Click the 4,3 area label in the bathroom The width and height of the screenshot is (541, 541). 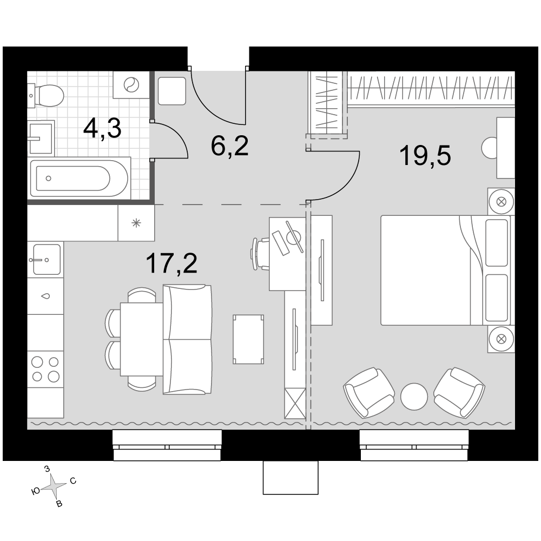102,129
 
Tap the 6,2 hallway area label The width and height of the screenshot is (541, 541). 229,146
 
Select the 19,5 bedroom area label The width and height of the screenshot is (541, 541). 425,156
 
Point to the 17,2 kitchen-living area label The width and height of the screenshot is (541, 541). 171,263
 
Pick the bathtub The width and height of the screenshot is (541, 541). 80,178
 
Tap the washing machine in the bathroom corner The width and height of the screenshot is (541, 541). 131,85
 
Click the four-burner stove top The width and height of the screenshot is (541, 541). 45,369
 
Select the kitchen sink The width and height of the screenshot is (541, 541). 46,259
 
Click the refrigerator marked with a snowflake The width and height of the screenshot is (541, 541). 136,223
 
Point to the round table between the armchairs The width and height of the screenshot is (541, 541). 414,397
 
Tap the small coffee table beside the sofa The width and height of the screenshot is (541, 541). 248,339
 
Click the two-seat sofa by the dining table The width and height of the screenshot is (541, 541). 187,340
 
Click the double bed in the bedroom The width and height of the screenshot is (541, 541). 445,270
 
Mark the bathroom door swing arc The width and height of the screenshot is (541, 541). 176,138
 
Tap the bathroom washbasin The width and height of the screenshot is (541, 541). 41,138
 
